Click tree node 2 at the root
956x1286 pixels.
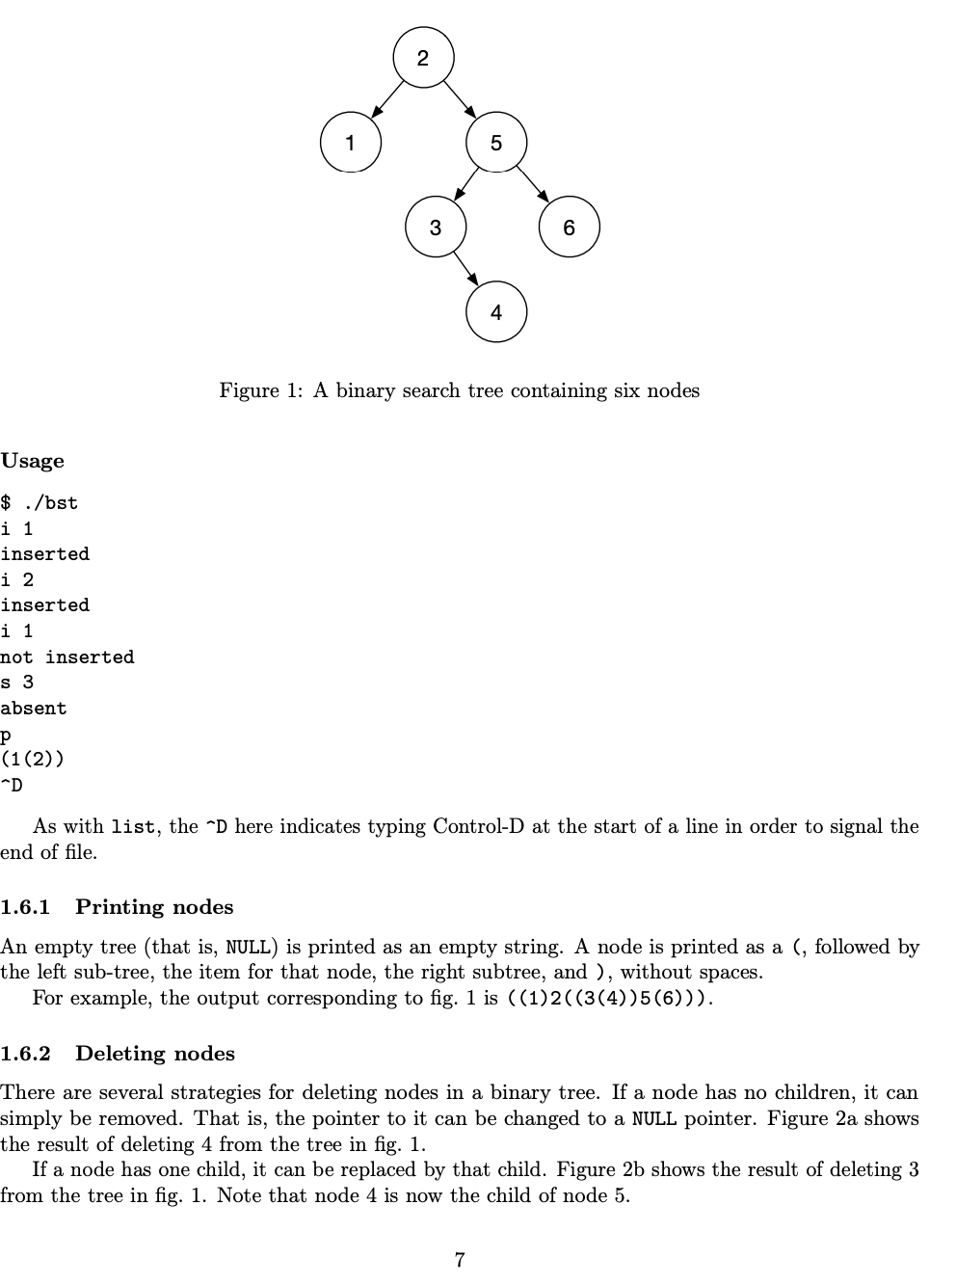click(422, 58)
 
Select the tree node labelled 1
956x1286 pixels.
click(350, 143)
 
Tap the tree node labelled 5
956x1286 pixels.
click(495, 143)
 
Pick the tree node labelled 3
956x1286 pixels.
click(436, 228)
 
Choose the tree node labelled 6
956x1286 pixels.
click(569, 228)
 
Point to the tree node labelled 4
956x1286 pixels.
click(495, 311)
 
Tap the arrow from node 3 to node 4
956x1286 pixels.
click(465, 269)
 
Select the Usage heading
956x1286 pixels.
click(33, 461)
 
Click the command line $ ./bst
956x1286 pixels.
click(40, 503)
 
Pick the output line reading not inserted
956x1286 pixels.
click(67, 657)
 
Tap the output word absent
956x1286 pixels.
click(34, 709)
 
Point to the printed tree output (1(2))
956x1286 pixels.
click(33, 760)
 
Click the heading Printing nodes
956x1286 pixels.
click(154, 907)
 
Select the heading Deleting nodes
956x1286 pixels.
click(154, 1054)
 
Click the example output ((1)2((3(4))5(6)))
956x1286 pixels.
click(609, 998)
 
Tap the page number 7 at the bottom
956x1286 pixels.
click(460, 1259)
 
